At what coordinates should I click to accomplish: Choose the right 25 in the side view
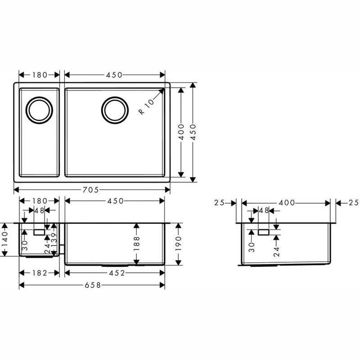pyautogui.click(x=353, y=203)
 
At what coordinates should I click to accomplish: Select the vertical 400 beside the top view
pyautogui.click(x=181, y=132)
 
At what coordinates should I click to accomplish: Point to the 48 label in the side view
pyautogui.click(x=264, y=211)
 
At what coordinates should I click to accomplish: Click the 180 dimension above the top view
pyautogui.click(x=39, y=75)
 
